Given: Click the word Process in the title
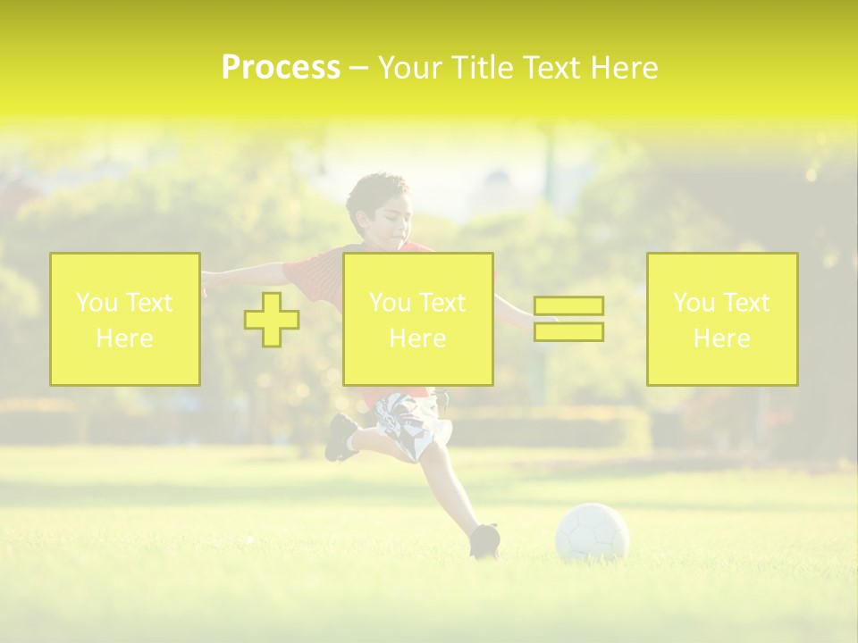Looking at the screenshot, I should click(281, 68).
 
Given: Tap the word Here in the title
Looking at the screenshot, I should click(622, 68).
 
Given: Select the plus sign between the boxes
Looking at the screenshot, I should click(272, 319).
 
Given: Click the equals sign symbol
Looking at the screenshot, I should click(568, 319).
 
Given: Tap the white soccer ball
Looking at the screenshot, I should click(592, 533).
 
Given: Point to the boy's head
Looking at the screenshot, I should click(380, 205).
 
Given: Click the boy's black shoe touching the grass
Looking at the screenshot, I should click(484, 540).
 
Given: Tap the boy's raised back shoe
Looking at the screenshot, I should click(341, 437).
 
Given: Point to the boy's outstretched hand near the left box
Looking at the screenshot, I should click(208, 280).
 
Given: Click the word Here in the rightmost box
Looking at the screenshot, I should click(722, 338).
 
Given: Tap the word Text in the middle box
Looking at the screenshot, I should click(443, 303).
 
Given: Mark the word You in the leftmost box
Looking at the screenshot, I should click(97, 303).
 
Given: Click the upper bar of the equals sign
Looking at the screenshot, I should click(568, 305).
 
